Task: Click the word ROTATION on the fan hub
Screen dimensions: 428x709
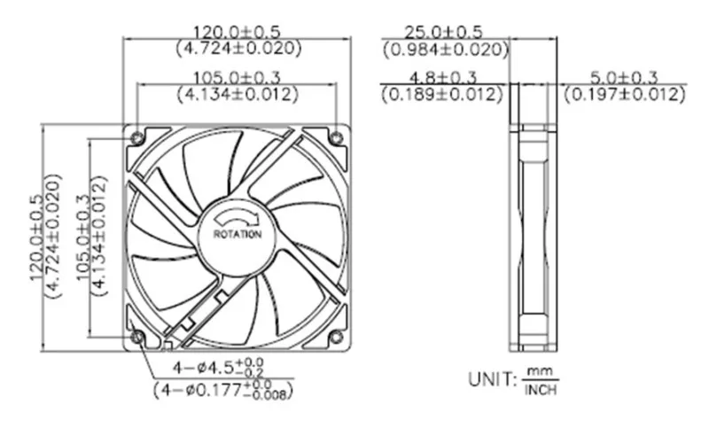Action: pos(238,235)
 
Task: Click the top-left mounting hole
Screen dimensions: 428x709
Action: pos(136,137)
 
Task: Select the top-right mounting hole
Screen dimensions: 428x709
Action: pos(336,137)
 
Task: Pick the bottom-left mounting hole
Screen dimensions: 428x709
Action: pos(136,337)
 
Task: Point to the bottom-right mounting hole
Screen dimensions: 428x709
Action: pos(336,337)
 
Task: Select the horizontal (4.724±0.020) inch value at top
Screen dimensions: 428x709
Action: pos(236,48)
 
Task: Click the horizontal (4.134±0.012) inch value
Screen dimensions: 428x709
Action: pos(236,93)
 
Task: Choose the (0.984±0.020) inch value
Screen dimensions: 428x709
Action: pos(445,50)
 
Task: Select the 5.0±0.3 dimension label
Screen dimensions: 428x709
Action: pos(625,76)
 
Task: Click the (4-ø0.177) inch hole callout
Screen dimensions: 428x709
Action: pos(222,389)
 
